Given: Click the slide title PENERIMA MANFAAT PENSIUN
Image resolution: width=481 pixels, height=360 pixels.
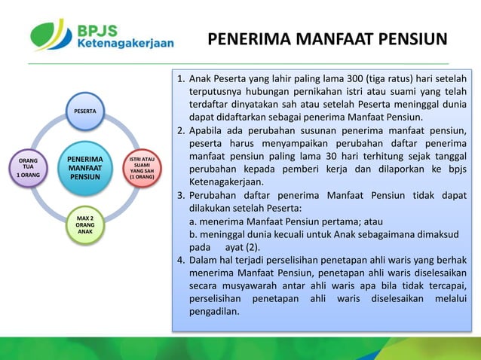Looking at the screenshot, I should coord(326,38).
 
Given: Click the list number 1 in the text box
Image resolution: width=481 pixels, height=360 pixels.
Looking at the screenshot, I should coord(180,78).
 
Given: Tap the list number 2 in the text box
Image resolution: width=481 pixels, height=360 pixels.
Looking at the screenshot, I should coord(180,132).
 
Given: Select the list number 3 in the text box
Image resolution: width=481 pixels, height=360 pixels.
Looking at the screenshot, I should coord(180,197).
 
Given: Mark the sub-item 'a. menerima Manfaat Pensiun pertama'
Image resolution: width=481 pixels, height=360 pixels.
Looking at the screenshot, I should coord(286,222).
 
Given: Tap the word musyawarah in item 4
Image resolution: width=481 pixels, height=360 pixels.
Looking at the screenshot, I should coord(256,287).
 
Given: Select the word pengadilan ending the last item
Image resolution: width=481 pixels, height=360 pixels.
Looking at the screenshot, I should coord(214,313).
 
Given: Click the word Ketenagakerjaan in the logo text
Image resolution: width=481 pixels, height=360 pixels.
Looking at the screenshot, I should coord(125,43).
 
